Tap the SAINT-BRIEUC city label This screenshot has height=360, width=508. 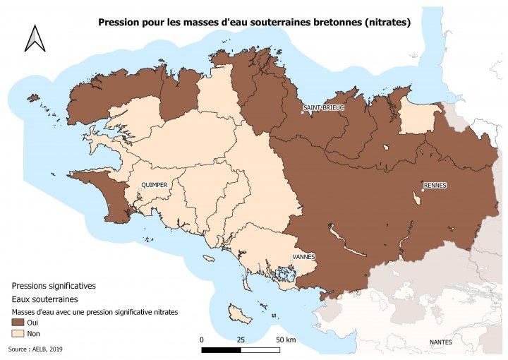pos(324,108)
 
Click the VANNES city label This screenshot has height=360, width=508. pos(304,256)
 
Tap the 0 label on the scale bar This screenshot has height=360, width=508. pos(202,340)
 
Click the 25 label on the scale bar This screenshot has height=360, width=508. pos(241,340)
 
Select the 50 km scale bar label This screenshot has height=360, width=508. pos(286,340)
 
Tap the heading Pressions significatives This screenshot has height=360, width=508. pos(54,286)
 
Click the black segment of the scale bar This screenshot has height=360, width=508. pos(221,349)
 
